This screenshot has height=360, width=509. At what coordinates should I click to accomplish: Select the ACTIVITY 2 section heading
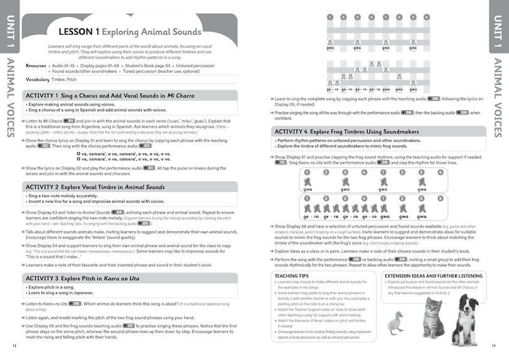pos(94,187)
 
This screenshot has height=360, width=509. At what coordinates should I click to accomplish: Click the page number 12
pos(14,346)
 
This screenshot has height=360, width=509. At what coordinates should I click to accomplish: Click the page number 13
pos(494,346)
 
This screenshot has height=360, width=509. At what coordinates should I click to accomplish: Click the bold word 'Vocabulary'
pos(38,80)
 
